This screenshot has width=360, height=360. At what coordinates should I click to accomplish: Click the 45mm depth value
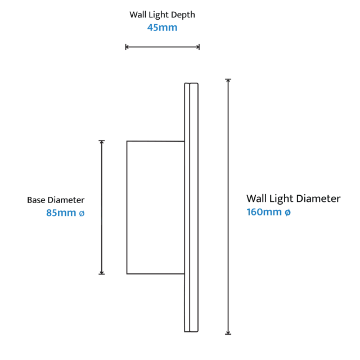[x=163, y=28]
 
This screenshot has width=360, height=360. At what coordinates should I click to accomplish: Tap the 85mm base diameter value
[x=61, y=213]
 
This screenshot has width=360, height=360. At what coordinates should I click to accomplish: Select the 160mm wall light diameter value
[x=264, y=211]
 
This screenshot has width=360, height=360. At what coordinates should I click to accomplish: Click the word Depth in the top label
[x=183, y=15]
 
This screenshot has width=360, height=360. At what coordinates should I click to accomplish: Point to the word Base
[x=36, y=200]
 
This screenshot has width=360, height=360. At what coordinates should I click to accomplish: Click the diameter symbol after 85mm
[x=82, y=214]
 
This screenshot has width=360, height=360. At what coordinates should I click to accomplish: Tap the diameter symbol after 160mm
[x=287, y=213]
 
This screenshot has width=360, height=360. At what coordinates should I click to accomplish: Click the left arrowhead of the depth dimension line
[x=127, y=47]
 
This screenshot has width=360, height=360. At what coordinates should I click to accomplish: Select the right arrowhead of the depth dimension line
[x=197, y=47]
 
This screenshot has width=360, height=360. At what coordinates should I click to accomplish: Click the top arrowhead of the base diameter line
[x=102, y=142]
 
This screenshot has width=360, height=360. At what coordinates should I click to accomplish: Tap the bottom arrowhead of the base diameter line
[x=102, y=272]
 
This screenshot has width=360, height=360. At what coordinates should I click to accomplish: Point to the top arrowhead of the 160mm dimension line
[x=228, y=80]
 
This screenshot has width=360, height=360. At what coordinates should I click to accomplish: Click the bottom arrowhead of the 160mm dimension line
[x=228, y=332]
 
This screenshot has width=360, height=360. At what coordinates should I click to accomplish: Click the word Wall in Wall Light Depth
[x=138, y=15]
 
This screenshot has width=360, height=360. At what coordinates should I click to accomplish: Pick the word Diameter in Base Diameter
[x=66, y=200]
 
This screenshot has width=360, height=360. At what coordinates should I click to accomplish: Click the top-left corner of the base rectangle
[x=127, y=141]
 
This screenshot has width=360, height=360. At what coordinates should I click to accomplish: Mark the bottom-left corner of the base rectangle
[x=127, y=274]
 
